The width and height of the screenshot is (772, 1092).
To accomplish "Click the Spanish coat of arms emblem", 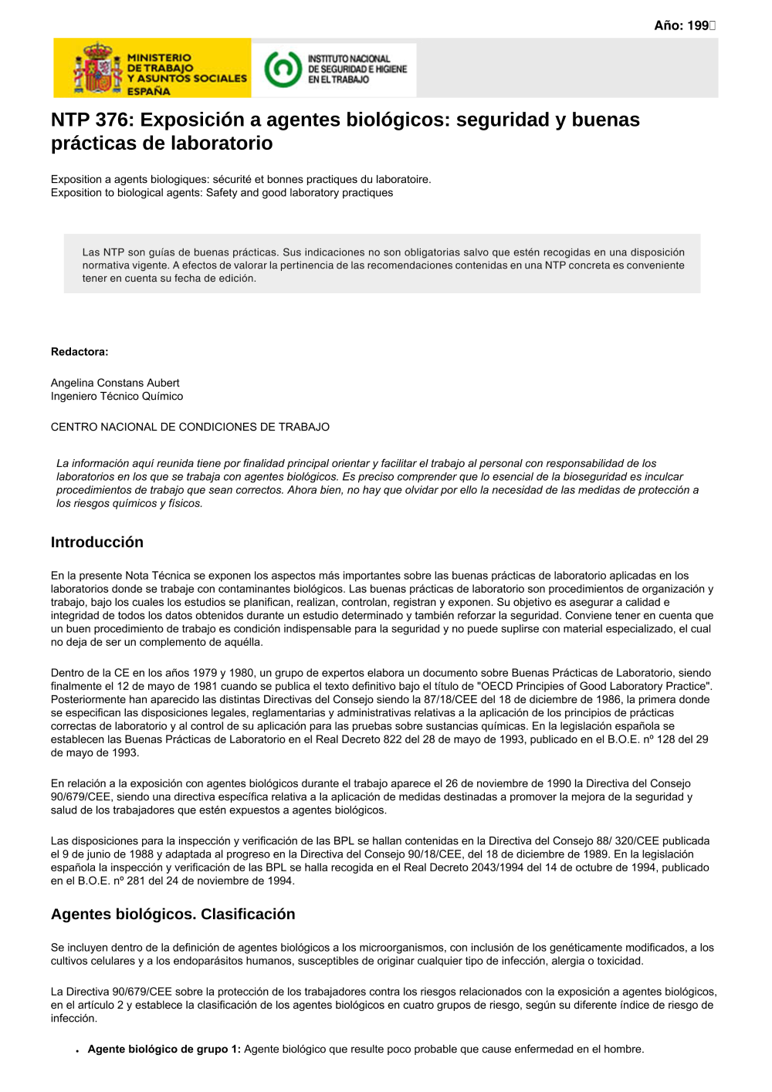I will pos(97,69).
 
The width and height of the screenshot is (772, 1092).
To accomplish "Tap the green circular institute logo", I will pos(283,69).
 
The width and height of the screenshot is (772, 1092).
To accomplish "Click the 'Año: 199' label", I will pos(684,25).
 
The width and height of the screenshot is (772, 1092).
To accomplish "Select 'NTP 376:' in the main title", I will pos(93,120).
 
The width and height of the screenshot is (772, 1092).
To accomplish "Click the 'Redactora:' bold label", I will pos(80,352).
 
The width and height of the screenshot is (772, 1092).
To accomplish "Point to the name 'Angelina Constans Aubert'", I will pos(115,383).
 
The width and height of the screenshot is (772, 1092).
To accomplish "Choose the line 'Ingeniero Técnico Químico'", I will pos(117,396).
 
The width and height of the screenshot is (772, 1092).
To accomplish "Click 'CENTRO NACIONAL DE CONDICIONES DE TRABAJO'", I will pos(190,427).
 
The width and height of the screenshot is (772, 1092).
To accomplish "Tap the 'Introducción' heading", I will pos(97,543).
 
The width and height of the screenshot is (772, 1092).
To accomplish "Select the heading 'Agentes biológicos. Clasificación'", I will pos(173,915).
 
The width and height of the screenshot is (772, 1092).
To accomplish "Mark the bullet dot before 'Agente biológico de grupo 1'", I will pos(77,1051).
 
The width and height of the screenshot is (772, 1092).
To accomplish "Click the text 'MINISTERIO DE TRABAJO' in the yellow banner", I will pos(160,63).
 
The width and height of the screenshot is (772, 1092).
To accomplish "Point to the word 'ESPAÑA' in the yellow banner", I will pos(148,91).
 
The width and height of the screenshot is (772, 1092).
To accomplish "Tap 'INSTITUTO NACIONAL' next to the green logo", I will pos(349,59).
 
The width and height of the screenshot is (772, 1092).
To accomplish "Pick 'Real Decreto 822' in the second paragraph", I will pos(360,739).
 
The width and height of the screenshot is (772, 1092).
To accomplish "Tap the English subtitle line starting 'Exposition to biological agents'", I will pos(222,193).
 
